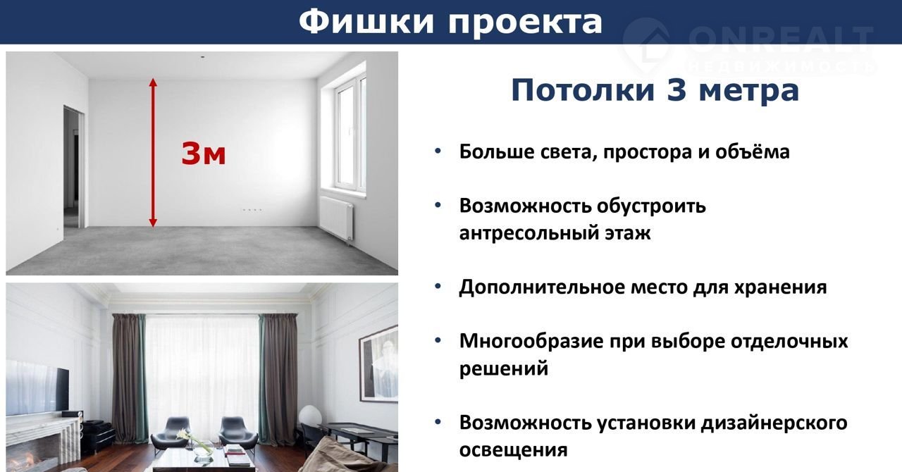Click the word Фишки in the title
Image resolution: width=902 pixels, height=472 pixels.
366,22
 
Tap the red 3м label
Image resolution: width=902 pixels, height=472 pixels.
204,154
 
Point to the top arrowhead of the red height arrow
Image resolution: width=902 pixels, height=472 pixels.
153,82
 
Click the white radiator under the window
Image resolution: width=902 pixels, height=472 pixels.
337,217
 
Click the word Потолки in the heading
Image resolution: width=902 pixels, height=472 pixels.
583,90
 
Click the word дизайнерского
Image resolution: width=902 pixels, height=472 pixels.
774,423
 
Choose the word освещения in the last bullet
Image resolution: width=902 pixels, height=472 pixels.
514,450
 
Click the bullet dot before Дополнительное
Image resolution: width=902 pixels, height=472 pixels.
438,286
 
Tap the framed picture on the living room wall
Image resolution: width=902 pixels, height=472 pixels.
378,364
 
